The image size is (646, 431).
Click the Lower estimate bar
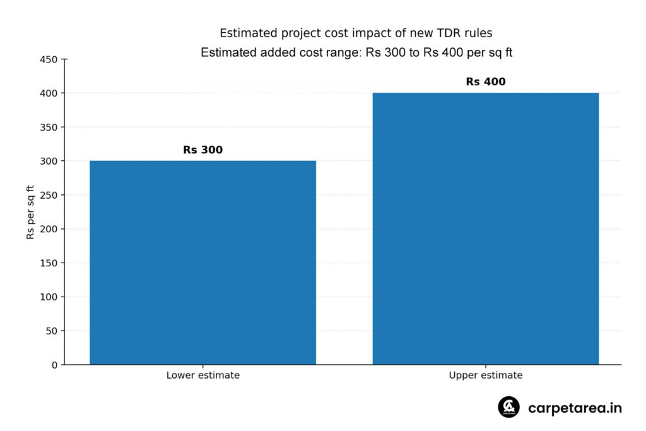pos(203,263)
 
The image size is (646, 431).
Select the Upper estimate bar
pos(486,228)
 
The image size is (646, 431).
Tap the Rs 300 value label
pos(203,150)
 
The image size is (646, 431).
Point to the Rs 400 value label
pos(486,81)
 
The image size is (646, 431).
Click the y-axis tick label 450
pos(49,60)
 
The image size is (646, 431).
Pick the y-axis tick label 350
pos(49,127)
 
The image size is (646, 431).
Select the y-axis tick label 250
pos(49,196)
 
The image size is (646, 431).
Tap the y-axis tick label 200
pos(49,229)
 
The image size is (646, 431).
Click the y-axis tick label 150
pos(49,263)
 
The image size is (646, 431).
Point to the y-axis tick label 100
pos(49,297)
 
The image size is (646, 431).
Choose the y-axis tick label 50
pos(52,331)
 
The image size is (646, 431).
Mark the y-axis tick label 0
pos(55,365)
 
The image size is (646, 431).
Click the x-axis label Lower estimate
pos(203,375)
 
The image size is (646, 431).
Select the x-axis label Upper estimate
pos(486,375)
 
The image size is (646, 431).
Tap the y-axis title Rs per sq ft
pos(30,212)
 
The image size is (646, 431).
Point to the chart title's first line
pos(356,33)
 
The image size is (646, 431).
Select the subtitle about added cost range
pos(356,53)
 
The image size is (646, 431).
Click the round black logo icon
pos(509,407)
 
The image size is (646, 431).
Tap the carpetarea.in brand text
pos(575,408)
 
